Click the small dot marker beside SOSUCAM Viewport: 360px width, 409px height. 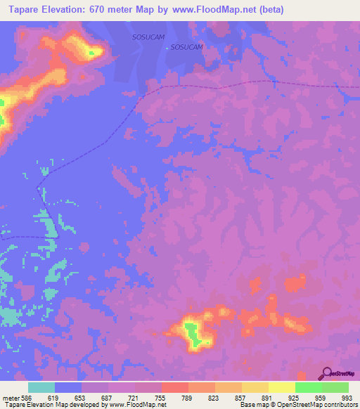(167, 48)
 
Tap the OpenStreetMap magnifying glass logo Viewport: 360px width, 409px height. (326, 372)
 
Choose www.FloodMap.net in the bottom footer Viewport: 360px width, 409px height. (137, 405)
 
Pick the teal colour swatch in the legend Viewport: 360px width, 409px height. (41, 387)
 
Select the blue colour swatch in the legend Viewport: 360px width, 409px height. (68, 387)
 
